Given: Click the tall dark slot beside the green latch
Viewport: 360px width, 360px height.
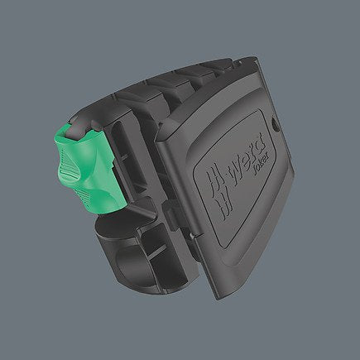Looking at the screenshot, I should (113, 166).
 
